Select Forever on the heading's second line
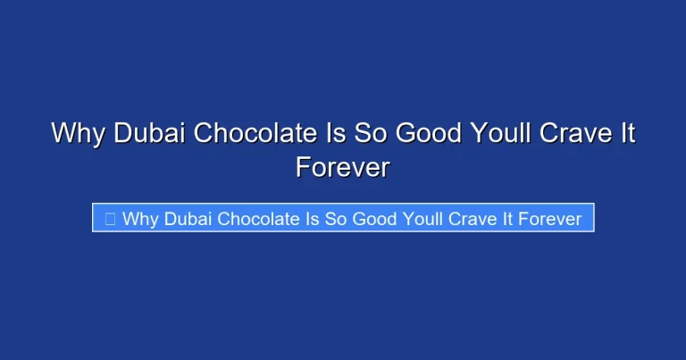pyautogui.click(x=343, y=167)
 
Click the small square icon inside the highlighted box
pyautogui.click(x=110, y=219)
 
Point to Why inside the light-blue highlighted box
pyautogui.click(x=139, y=219)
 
